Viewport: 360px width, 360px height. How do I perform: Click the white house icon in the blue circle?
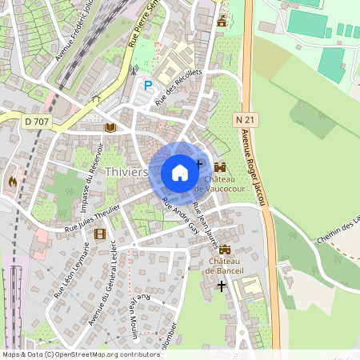[x=180, y=172]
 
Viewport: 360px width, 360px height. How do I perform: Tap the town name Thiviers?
[x=126, y=172]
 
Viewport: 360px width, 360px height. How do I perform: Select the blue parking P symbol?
[x=146, y=85]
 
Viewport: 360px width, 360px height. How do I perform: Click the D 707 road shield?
[x=36, y=121]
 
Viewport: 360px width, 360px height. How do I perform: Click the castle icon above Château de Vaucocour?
[x=219, y=166]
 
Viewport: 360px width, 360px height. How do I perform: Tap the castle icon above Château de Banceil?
[x=224, y=250]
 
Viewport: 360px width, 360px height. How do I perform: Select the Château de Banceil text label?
[x=224, y=266]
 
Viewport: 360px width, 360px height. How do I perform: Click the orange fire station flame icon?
[x=13, y=181]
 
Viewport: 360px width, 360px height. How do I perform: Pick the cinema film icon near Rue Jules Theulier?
[x=100, y=234]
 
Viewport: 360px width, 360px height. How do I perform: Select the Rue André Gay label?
[x=179, y=214]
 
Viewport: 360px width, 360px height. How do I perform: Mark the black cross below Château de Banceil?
[x=222, y=285]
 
